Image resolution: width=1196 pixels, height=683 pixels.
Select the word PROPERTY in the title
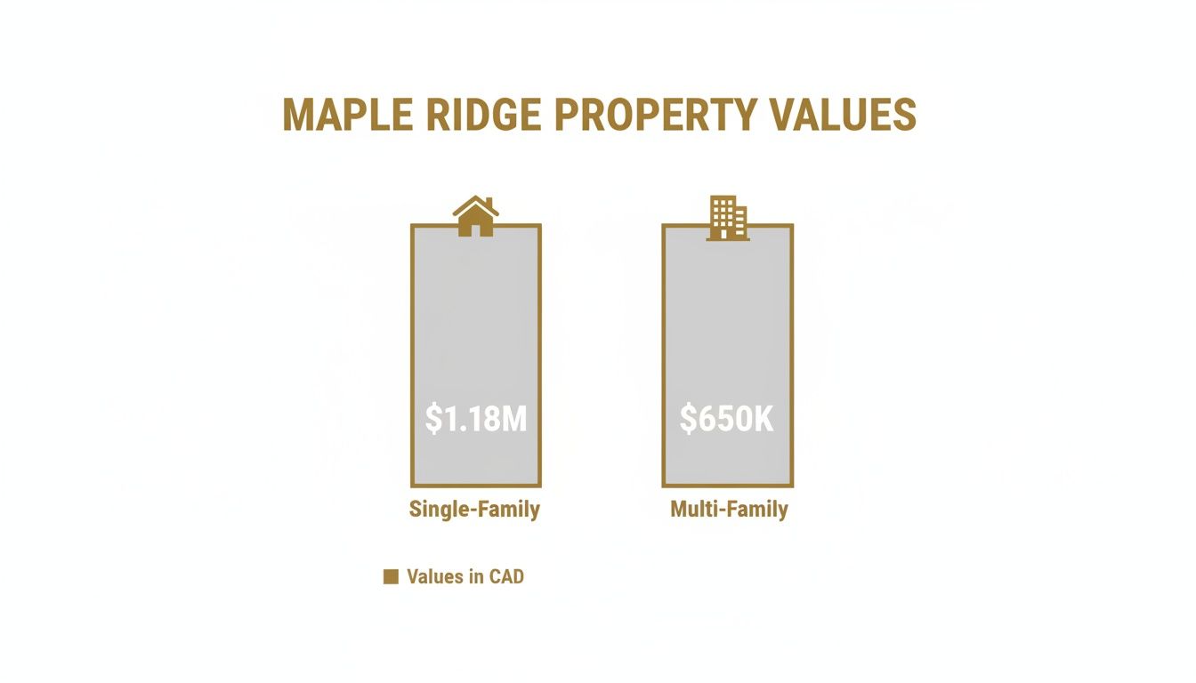click(656, 116)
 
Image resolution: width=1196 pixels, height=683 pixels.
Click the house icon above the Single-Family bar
click(475, 216)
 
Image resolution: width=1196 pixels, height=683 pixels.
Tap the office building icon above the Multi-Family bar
click(727, 218)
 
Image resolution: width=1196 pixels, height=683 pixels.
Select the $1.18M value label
click(475, 419)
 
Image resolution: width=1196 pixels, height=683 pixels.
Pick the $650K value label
click(727, 419)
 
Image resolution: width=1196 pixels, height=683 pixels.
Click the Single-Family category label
click(474, 510)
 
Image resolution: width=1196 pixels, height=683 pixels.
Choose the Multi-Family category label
click(729, 510)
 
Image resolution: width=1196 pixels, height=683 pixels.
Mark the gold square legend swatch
click(390, 577)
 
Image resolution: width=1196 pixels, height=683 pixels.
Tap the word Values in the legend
click(433, 577)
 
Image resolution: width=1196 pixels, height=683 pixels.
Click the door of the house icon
click(475, 229)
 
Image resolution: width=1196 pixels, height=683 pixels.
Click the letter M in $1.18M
click(513, 419)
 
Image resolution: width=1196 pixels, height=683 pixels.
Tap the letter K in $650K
click(764, 419)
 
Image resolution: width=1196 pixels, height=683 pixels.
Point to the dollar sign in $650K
click(688, 419)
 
